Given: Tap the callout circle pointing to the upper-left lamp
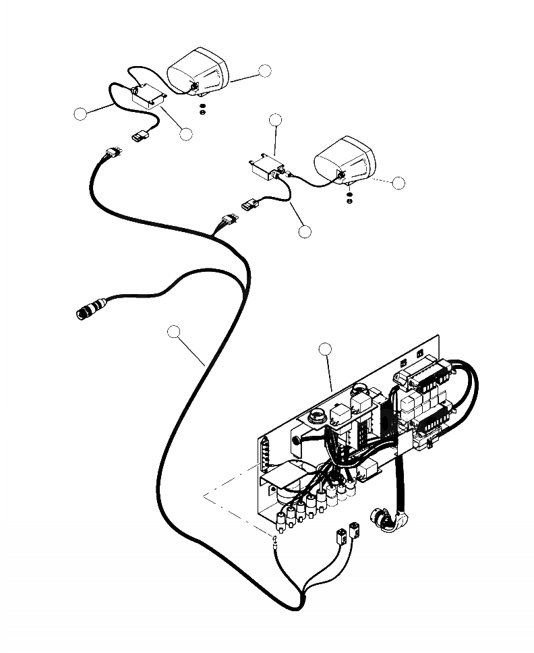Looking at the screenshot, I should pos(264,71).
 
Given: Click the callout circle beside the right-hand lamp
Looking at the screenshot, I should pos(398,182).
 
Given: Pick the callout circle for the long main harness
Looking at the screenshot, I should pos(175,331).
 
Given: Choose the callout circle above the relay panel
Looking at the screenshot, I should pos(325,349).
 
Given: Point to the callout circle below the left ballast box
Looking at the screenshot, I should pos(186,134).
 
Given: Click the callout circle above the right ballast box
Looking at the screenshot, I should pos(276,120).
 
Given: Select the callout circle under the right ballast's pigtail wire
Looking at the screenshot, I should pos(305,231).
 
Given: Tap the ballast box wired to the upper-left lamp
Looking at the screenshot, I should pos(149,96).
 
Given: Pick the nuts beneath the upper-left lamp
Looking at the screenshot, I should pos(202,107).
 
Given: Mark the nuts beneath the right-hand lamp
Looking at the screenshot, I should pos(349,198).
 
